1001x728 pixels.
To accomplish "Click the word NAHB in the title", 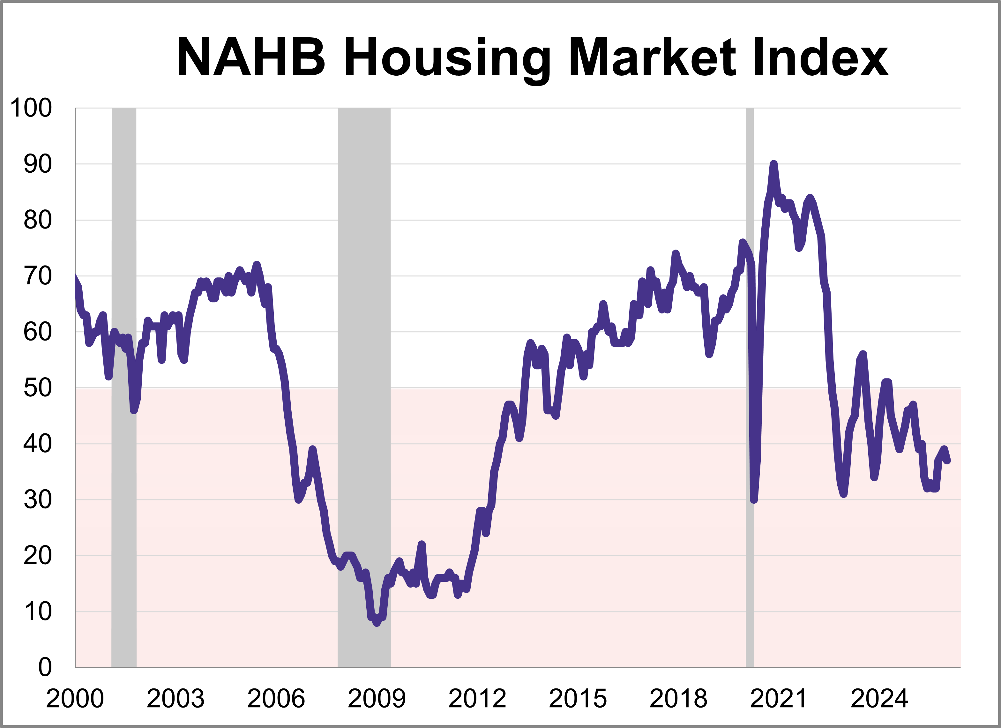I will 251,58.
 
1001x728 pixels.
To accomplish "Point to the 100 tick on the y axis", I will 31,108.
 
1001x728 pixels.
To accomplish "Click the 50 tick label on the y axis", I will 38,388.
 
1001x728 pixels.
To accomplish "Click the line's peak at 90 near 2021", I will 773,164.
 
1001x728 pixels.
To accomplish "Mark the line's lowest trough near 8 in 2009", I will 377,623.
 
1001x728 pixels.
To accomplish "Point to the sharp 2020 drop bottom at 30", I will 754,500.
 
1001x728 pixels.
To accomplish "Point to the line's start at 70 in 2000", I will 76,276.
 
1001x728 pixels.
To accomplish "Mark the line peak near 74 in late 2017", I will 675,254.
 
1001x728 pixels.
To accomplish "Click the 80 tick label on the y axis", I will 38,220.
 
